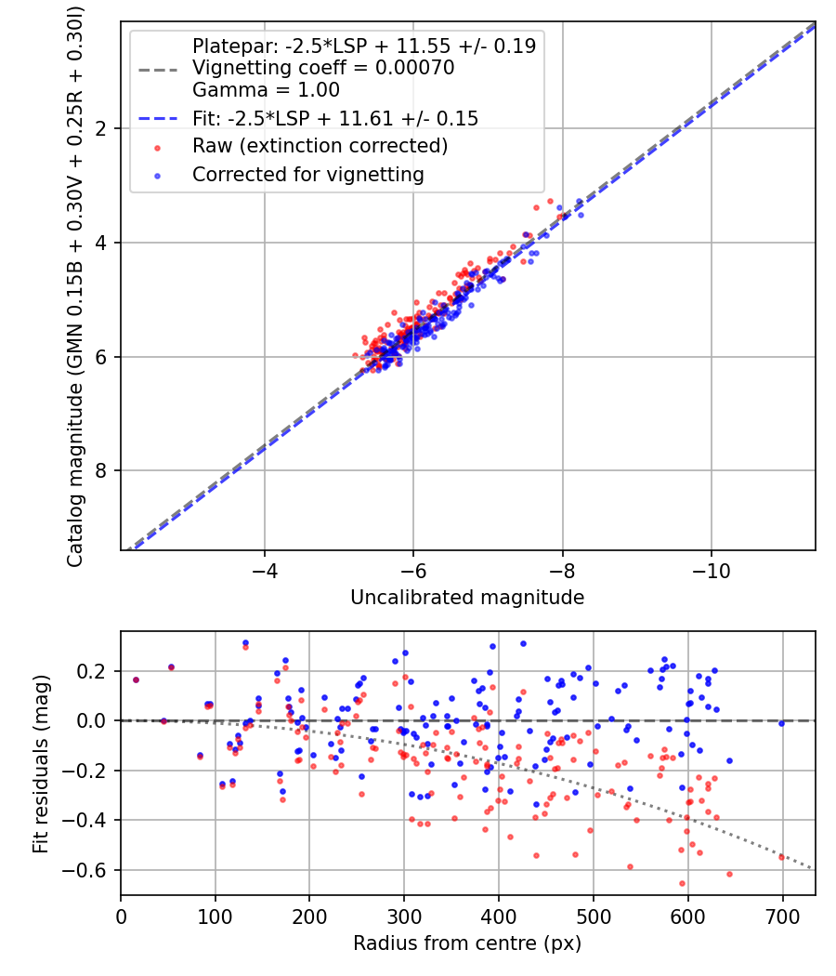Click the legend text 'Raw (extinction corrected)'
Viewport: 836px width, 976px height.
click(x=320, y=146)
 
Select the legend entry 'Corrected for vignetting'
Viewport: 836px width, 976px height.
click(x=307, y=174)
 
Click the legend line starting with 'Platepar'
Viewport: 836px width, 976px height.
click(x=363, y=46)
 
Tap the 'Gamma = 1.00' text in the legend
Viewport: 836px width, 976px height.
click(x=266, y=90)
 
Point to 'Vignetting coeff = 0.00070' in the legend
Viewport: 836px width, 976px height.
click(x=323, y=68)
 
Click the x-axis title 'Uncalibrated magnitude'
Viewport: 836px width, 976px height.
click(x=467, y=598)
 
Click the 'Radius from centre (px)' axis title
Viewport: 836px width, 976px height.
click(x=467, y=943)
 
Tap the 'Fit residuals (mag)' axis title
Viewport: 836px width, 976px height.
click(x=40, y=764)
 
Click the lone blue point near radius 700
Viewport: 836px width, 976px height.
click(x=781, y=723)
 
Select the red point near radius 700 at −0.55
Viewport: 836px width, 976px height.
click(x=781, y=857)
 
